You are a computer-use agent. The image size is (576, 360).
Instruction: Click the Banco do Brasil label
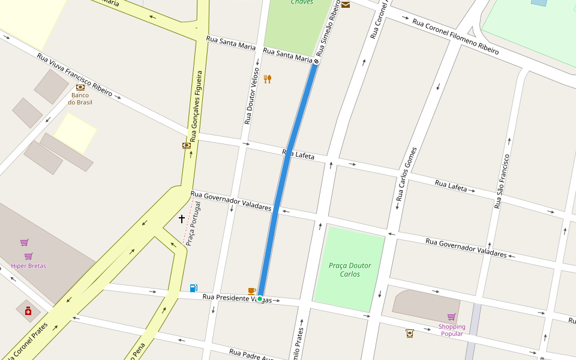click(x=80, y=98)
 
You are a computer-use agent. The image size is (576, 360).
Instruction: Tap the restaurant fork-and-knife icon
click(x=268, y=79)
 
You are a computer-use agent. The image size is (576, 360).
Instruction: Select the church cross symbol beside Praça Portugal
click(x=182, y=219)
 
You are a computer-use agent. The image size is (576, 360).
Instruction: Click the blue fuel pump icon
click(x=193, y=288)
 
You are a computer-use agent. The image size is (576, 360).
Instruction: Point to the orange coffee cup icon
click(x=251, y=291)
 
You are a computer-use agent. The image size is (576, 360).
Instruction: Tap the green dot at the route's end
click(x=260, y=298)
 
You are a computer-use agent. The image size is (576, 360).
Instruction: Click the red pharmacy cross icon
click(x=28, y=311)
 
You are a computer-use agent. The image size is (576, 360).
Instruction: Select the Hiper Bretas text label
click(x=28, y=266)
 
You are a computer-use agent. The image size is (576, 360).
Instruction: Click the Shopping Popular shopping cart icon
click(x=451, y=317)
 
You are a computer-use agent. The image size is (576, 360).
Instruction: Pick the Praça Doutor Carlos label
click(x=350, y=269)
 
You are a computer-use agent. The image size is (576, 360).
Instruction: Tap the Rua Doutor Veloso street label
click(x=251, y=96)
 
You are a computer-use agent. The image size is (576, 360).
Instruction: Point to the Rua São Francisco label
click(x=502, y=181)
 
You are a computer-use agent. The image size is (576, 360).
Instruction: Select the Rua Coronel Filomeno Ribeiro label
click(x=456, y=37)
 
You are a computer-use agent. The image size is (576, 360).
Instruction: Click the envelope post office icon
click(x=346, y=5)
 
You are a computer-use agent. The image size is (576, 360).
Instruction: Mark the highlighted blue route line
click(x=288, y=180)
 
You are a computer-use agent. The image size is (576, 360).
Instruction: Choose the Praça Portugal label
click(x=193, y=223)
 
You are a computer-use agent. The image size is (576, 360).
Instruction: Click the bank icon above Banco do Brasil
click(x=80, y=87)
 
